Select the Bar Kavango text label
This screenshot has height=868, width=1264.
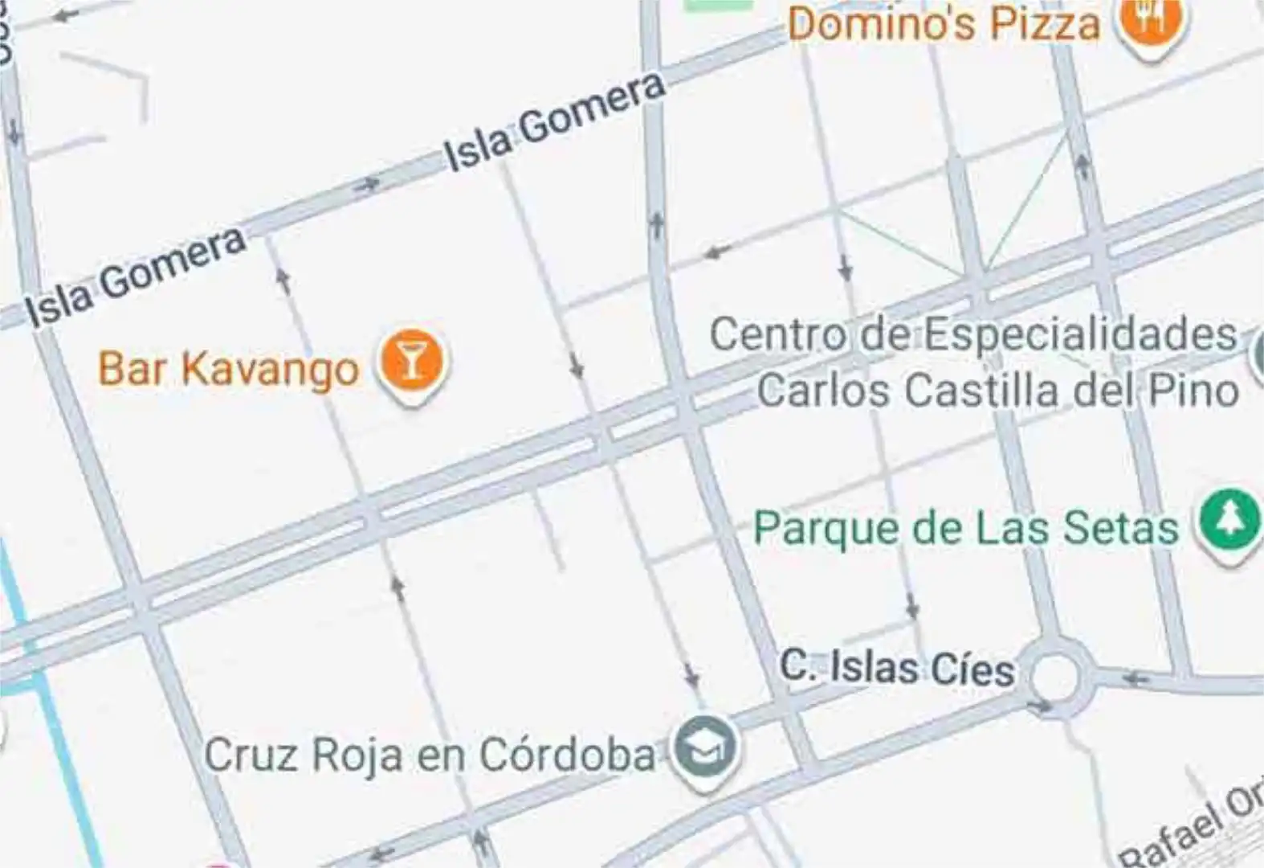[x=228, y=369]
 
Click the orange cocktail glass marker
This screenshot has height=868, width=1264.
[x=412, y=362]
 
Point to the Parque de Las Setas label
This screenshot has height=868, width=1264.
[x=966, y=528]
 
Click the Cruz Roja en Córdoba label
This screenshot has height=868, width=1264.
[x=430, y=755]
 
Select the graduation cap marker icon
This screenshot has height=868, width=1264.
[x=704, y=749]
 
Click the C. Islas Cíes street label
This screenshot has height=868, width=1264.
[x=897, y=668]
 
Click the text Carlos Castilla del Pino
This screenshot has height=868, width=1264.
[x=998, y=391]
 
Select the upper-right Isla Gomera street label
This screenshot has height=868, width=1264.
[x=555, y=122]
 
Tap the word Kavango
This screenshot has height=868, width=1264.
[x=270, y=369]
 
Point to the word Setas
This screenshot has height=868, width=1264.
[x=1121, y=528]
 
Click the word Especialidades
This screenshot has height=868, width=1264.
[x=1080, y=334]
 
